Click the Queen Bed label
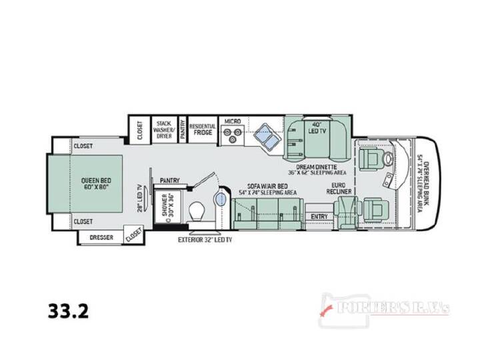coord(96,184)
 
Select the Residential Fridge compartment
coord(203,129)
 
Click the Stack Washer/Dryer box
coord(164,129)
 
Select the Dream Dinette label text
coord(317,167)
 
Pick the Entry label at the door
coord(319,217)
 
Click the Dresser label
coord(101,237)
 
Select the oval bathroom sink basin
coord(221,199)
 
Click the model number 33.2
coord(68,311)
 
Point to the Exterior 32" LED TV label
coord(205,240)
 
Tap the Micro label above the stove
coord(233,121)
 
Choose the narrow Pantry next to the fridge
coord(183,129)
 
